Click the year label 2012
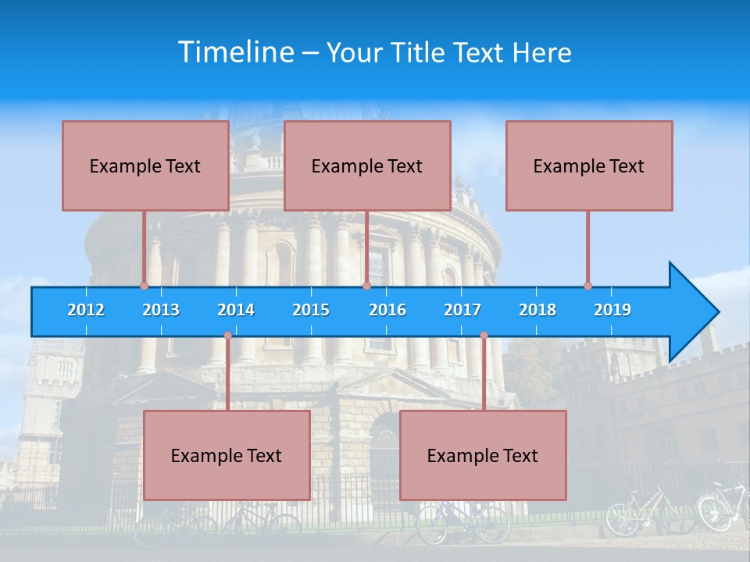pyautogui.click(x=86, y=310)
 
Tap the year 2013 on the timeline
pyautogui.click(x=161, y=310)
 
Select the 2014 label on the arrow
pyautogui.click(x=236, y=310)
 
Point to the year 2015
pyautogui.click(x=311, y=310)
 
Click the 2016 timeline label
pyautogui.click(x=387, y=310)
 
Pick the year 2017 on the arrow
pyautogui.click(x=462, y=310)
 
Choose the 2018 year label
pyautogui.click(x=537, y=310)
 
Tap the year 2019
pyautogui.click(x=612, y=310)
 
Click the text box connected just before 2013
pyautogui.click(x=145, y=165)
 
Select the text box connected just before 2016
pyautogui.click(x=367, y=165)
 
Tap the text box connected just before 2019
pyautogui.click(x=589, y=165)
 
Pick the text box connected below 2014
pyautogui.click(x=227, y=455)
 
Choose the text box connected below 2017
pyautogui.click(x=483, y=455)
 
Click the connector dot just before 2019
pyautogui.click(x=587, y=286)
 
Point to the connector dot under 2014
pyautogui.click(x=227, y=336)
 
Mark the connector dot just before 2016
pyautogui.click(x=366, y=286)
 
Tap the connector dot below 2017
pyautogui.click(x=484, y=336)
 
